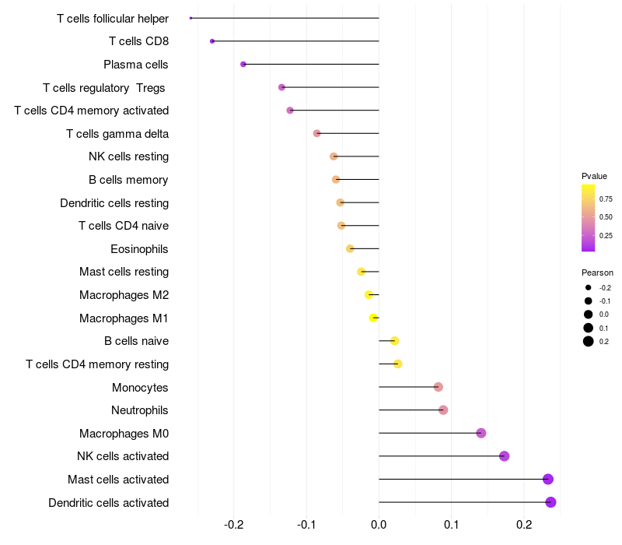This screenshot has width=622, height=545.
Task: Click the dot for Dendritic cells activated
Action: [550, 502]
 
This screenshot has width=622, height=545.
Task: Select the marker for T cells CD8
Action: [212, 41]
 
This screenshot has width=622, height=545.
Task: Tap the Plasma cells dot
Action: [243, 64]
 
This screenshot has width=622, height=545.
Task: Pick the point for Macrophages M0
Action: [480, 433]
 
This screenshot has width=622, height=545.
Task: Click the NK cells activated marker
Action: [504, 456]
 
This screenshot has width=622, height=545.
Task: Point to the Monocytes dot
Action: [438, 387]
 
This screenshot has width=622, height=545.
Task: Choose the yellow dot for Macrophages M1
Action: [374, 318]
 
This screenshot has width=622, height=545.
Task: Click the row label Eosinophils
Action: [140, 249]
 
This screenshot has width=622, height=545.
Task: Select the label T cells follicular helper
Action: [113, 18]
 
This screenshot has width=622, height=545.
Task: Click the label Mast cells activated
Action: [118, 480]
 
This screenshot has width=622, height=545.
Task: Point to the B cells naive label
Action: [136, 341]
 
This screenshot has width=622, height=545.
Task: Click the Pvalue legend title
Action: [594, 176]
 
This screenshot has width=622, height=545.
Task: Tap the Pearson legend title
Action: [597, 272]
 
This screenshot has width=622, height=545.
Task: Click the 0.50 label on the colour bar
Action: [606, 217]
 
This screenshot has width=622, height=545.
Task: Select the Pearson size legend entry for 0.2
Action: [589, 341]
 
